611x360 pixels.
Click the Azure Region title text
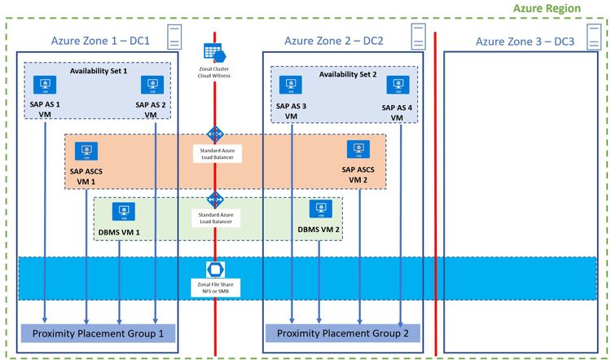547,8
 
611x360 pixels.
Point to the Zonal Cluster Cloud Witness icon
215,51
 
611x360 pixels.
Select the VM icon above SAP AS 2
149,85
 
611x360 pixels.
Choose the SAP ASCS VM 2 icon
357,149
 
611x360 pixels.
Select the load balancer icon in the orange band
215,134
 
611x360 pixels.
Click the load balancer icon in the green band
215,200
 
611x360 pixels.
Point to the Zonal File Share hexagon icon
215,269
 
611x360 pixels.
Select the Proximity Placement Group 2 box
341,333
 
